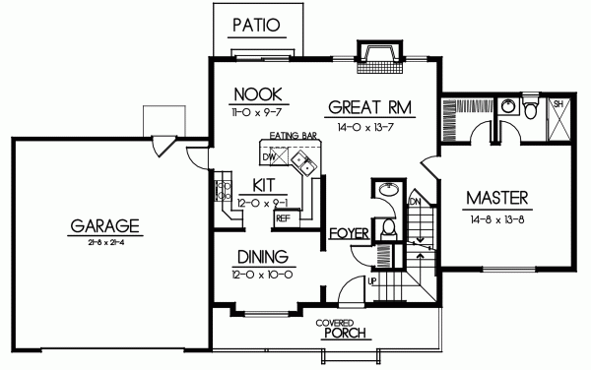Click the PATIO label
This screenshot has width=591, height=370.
coord(254,24)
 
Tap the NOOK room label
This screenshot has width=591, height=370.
coord(252,94)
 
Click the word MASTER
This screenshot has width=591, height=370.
coord(497,196)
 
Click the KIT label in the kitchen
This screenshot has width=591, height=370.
coord(262,184)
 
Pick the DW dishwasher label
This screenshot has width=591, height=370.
coord(269,155)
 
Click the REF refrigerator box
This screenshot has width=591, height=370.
coord(282,218)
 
